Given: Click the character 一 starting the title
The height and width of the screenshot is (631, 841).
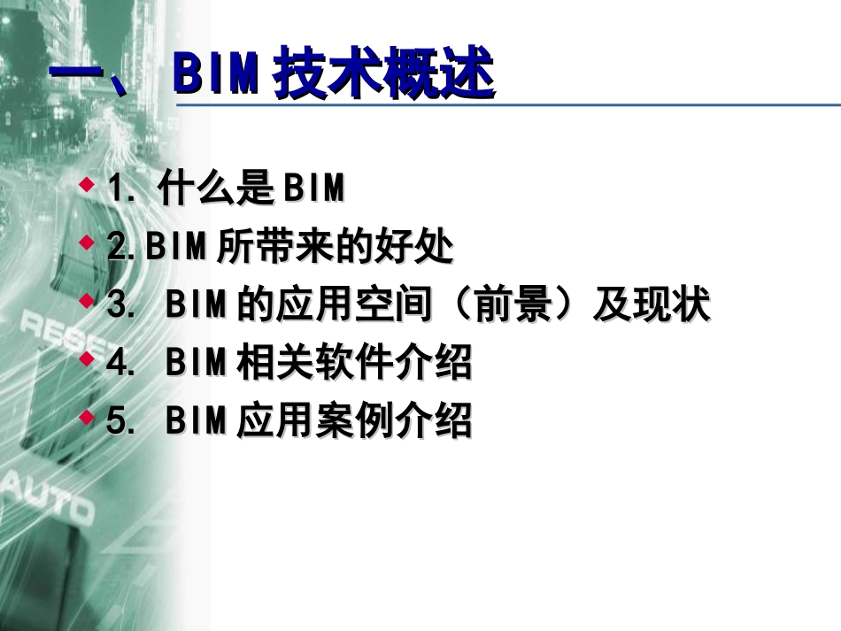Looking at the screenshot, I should (x=78, y=75).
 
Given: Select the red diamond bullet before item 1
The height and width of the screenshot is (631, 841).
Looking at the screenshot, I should (x=86, y=183).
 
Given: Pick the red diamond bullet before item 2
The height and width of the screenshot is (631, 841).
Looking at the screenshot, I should (x=86, y=241).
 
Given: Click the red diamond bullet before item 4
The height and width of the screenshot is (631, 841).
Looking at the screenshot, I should (x=86, y=358).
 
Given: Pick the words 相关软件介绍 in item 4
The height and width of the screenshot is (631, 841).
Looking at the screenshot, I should (x=354, y=364).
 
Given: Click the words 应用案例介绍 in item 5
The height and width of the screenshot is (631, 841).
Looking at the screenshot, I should (x=354, y=422).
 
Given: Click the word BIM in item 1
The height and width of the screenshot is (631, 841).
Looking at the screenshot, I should (x=311, y=189).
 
